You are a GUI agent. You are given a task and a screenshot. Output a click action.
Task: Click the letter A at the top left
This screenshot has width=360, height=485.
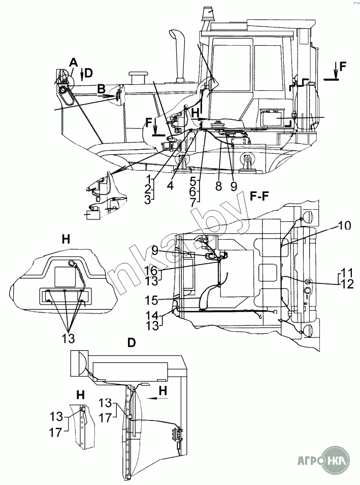pos(73,63)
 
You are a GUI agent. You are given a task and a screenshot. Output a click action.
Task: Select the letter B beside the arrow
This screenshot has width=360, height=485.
pos(101,90)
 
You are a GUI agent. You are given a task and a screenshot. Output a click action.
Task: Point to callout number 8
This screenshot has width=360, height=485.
pos(219,186)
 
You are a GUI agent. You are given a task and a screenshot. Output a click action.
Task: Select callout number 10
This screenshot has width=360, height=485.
pos(344,225)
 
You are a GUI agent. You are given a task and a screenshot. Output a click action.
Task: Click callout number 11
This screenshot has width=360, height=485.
pos(345,273)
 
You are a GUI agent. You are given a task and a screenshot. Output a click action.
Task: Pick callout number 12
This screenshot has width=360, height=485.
pos(346,284)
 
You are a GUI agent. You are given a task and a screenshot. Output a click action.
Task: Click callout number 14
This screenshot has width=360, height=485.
pos(152,315)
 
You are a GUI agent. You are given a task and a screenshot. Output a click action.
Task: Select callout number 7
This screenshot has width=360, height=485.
pos(192,203)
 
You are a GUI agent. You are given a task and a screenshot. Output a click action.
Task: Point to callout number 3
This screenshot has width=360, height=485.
pos(148,200)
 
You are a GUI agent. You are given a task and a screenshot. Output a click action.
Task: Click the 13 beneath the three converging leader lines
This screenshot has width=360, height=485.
pos(68,338)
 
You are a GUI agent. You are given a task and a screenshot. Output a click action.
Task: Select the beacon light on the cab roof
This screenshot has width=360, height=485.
pos(209,14)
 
